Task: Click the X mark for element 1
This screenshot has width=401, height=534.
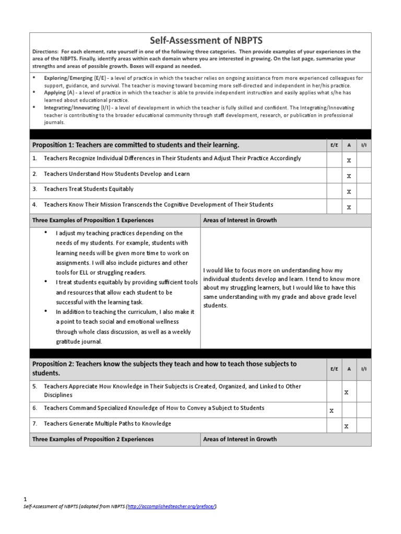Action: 349,161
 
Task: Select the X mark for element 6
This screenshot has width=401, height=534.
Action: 332,410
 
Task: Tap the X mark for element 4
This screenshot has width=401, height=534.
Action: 349,208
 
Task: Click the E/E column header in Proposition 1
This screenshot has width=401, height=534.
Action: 334,144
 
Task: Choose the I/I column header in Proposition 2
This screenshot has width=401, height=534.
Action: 363,368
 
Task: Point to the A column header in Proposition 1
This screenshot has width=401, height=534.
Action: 349,144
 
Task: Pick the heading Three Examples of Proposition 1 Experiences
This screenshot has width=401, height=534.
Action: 93,220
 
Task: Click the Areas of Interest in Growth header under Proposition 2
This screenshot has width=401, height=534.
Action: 240,439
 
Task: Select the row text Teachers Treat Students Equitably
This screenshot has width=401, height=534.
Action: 88,189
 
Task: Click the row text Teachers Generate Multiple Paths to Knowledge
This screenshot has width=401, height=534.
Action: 107,423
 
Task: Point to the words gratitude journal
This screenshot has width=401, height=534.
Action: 78,342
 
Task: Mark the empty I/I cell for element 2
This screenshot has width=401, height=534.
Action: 363,175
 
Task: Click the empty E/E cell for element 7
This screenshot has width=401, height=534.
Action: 334,425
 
